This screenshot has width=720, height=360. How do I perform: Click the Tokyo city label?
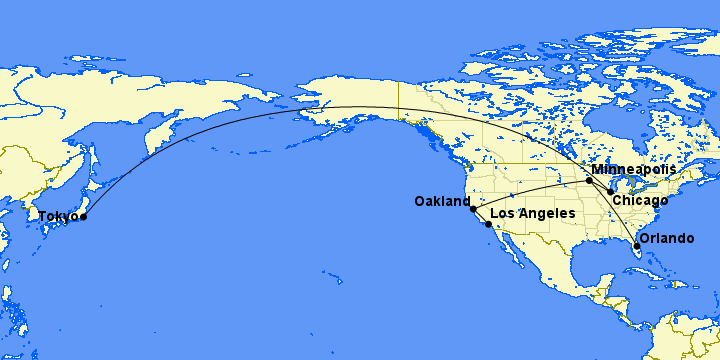(x=58, y=216)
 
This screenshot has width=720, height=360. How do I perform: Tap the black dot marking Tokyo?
(x=83, y=217)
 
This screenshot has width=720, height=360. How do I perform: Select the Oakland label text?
(x=441, y=202)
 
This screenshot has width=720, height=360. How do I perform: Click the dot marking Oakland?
(x=473, y=209)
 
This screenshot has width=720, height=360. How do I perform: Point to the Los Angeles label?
(x=533, y=214)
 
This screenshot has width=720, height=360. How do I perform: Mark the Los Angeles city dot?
(x=488, y=225)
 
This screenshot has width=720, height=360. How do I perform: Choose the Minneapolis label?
(x=633, y=170)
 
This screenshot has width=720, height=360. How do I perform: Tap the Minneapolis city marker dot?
(x=590, y=181)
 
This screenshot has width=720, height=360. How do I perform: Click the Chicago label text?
(x=640, y=201)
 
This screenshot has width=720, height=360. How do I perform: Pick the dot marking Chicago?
(x=611, y=191)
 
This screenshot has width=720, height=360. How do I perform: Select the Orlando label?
(x=666, y=238)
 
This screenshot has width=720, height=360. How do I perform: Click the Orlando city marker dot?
(x=637, y=245)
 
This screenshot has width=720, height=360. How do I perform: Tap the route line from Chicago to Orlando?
(x=626, y=218)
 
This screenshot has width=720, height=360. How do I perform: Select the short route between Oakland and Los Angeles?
(x=480, y=218)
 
